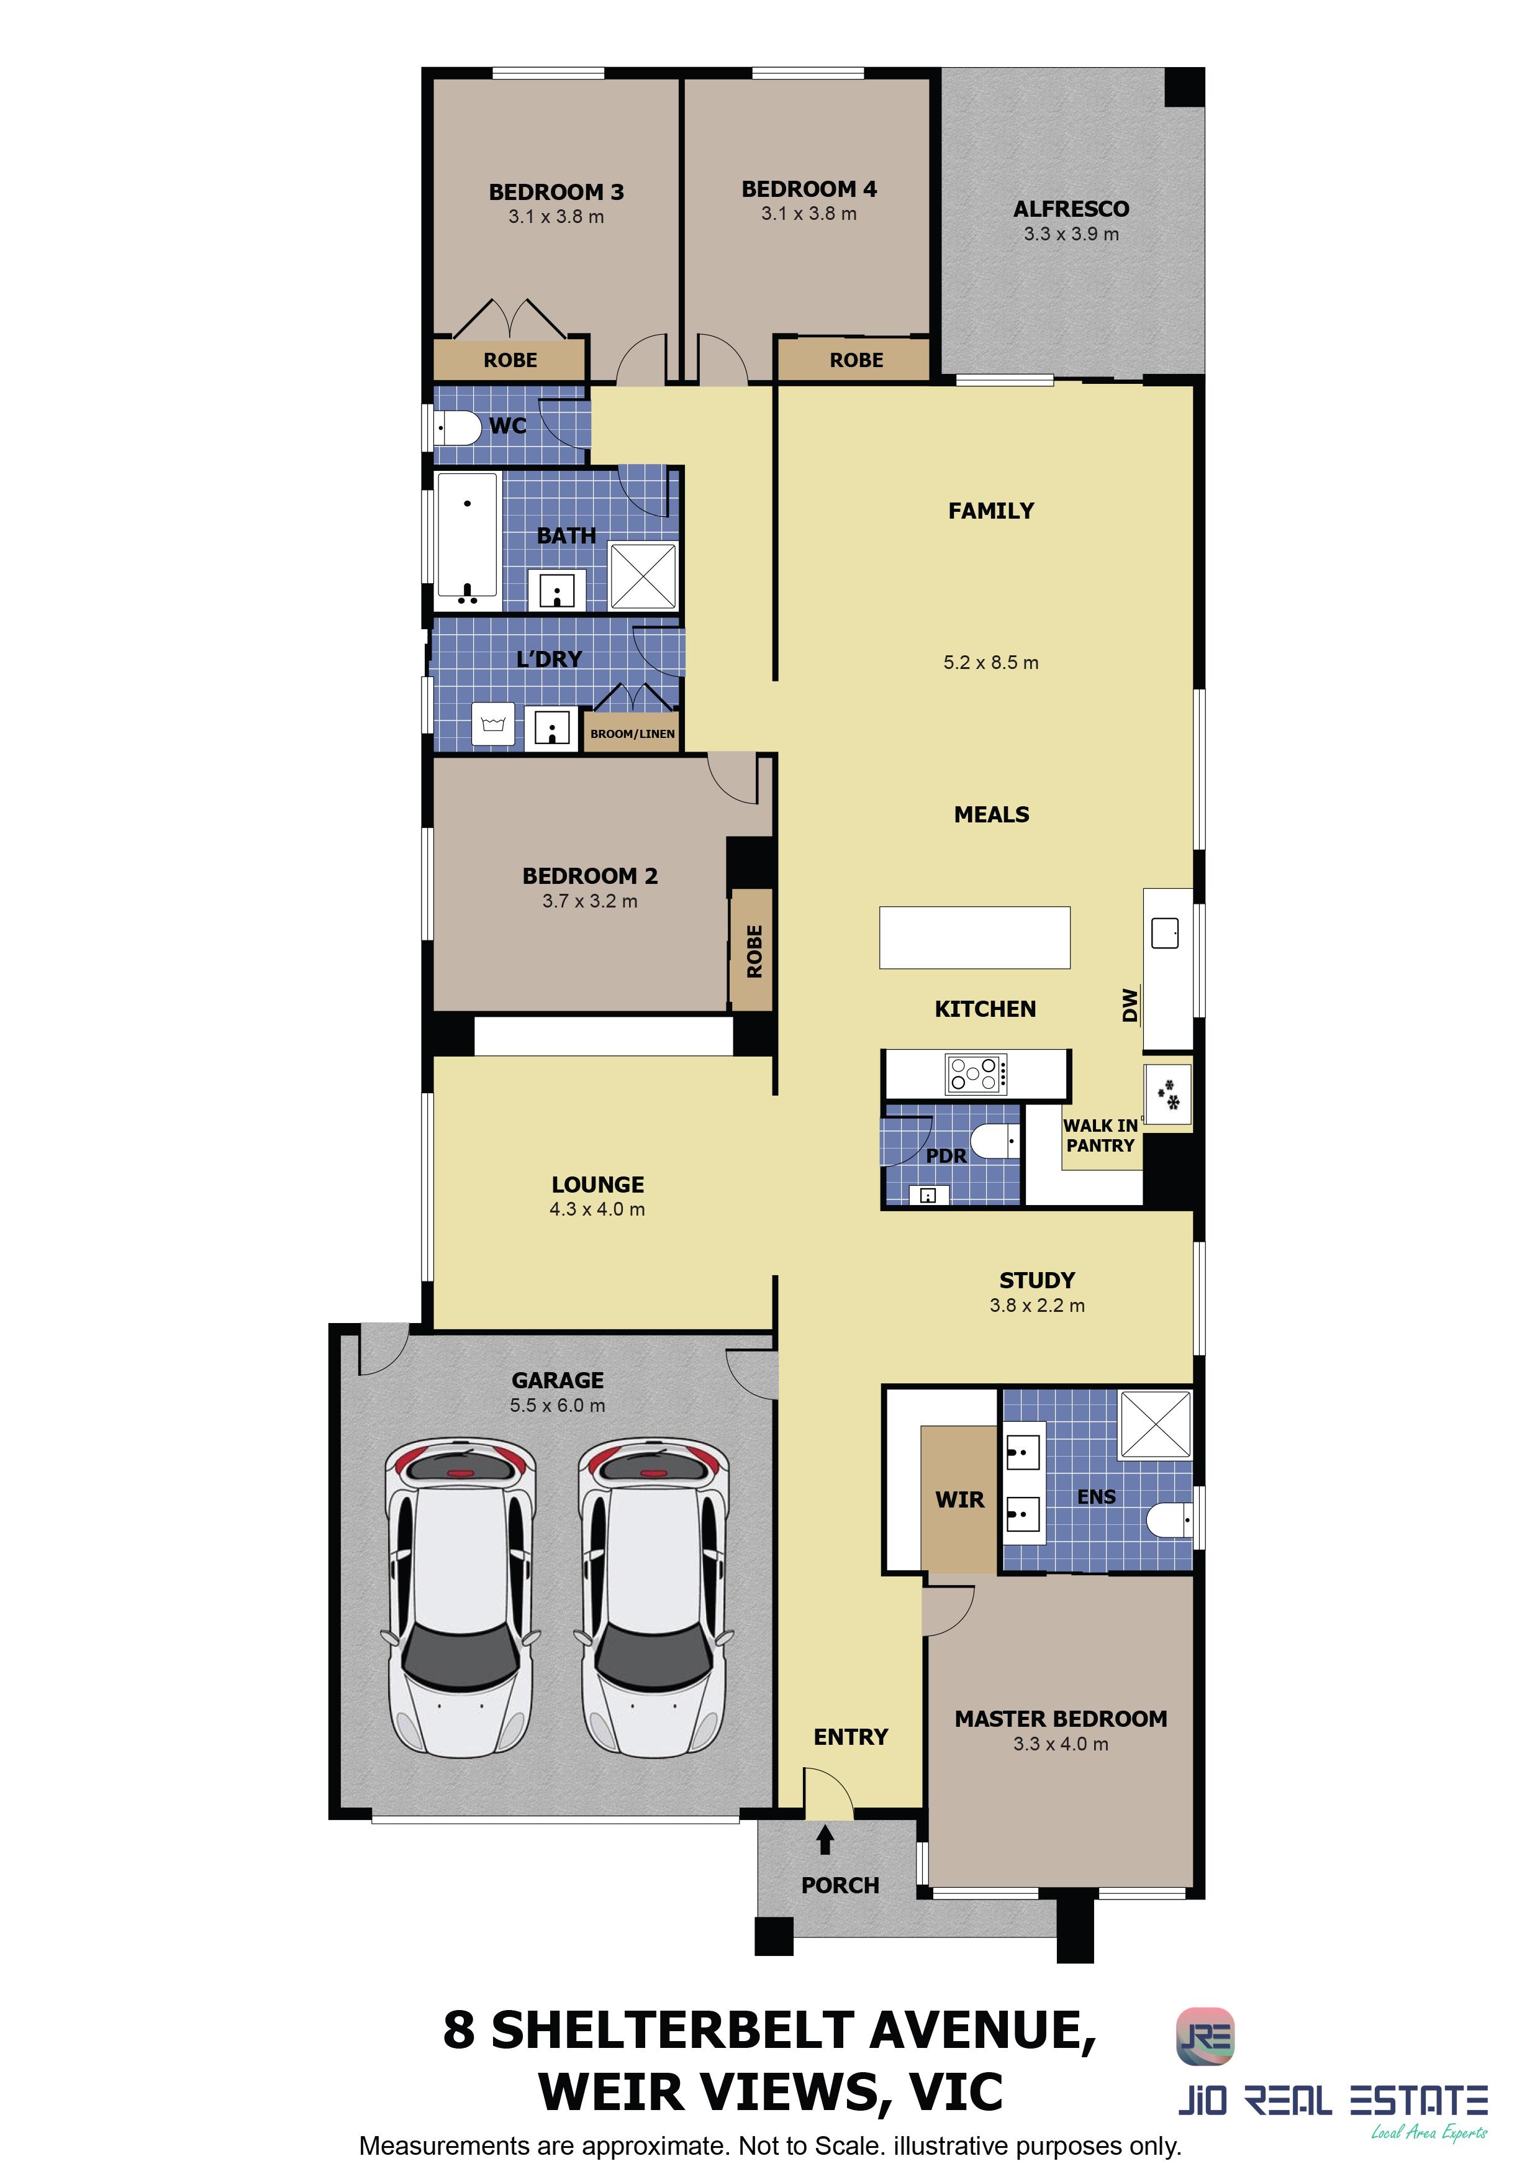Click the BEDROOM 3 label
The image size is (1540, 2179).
point(556,192)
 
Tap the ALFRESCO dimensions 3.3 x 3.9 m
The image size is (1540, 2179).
point(1071,234)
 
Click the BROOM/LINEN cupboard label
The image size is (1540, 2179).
point(633,734)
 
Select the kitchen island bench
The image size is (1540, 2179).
point(974,938)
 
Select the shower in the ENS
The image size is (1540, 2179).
point(1156,1424)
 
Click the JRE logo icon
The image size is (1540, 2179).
point(1205,2037)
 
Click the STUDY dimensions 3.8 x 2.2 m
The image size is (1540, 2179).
point(1037,1305)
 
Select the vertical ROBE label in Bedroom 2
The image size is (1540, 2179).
point(754,951)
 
